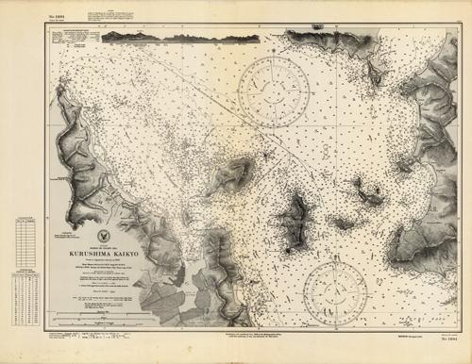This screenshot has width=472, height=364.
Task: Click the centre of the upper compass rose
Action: click(x=273, y=91)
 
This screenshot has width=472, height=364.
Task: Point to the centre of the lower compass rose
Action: click(x=336, y=293)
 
